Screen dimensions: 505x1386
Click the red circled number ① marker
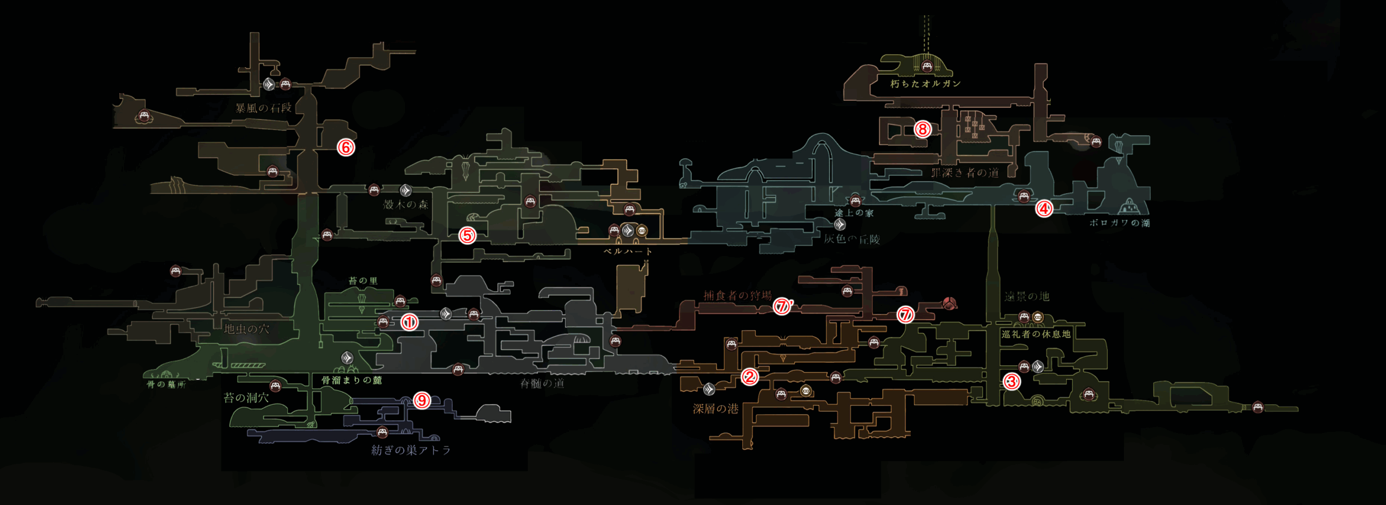[409, 323]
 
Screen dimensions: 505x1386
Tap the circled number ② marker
[749, 377]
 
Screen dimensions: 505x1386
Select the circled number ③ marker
[1011, 382]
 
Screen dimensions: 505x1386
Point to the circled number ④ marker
[1044, 208]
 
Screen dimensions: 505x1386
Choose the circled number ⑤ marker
[467, 235]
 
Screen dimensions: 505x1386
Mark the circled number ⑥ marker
[346, 147]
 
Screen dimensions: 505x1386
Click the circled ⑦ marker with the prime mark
[782, 306]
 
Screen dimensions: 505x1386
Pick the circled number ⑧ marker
[923, 129]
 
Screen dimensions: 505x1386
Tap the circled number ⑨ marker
[422, 400]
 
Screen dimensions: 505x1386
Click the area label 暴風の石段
[264, 108]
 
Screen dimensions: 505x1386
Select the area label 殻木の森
[406, 205]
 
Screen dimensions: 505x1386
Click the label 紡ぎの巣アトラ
[411, 450]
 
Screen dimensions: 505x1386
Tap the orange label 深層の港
[716, 409]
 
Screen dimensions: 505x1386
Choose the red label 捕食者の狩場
[737, 296]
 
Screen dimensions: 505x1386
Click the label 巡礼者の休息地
[1036, 334]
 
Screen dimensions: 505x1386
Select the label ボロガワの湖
[1120, 222]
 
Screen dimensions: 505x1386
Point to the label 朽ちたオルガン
[925, 84]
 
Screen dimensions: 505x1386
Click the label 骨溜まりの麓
[352, 380]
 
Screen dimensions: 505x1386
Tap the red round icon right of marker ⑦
[949, 303]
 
